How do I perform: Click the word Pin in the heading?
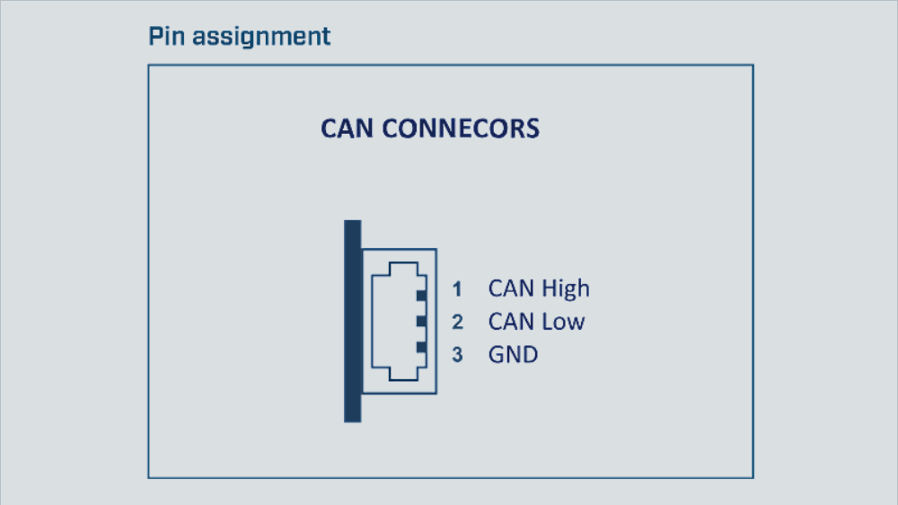(163, 37)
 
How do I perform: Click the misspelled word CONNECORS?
(461, 128)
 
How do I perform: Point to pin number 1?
(457, 289)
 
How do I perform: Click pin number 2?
(457, 322)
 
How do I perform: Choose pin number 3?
(457, 355)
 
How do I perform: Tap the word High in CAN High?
(566, 288)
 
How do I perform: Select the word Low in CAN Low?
(562, 322)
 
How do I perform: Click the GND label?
(513, 354)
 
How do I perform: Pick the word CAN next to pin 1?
(511, 288)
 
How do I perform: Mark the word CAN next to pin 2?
(511, 322)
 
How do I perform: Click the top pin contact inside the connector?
(419, 295)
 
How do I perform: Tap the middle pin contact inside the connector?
(419, 321)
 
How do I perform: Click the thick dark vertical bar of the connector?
(352, 321)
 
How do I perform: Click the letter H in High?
(550, 288)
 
